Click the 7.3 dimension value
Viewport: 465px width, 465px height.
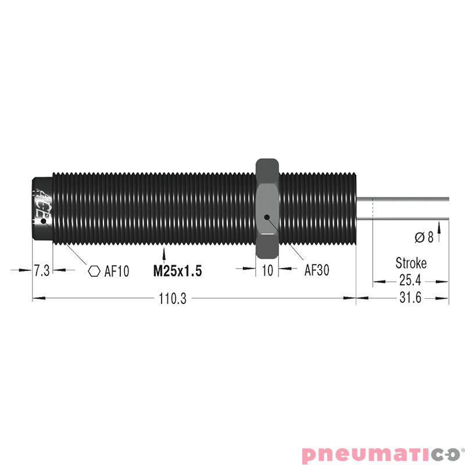[42, 271]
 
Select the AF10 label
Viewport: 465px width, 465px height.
[116, 271]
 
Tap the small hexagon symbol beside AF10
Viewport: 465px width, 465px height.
[93, 271]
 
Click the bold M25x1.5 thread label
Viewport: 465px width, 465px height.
[177, 271]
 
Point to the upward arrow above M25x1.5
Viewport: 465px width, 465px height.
[166, 255]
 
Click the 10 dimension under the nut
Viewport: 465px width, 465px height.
[267, 271]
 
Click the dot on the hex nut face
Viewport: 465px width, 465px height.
[266, 217]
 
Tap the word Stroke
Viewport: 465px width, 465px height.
[410, 263]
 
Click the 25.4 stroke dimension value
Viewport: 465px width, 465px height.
[410, 281]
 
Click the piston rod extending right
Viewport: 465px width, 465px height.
[407, 208]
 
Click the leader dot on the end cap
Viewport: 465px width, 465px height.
[43, 220]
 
